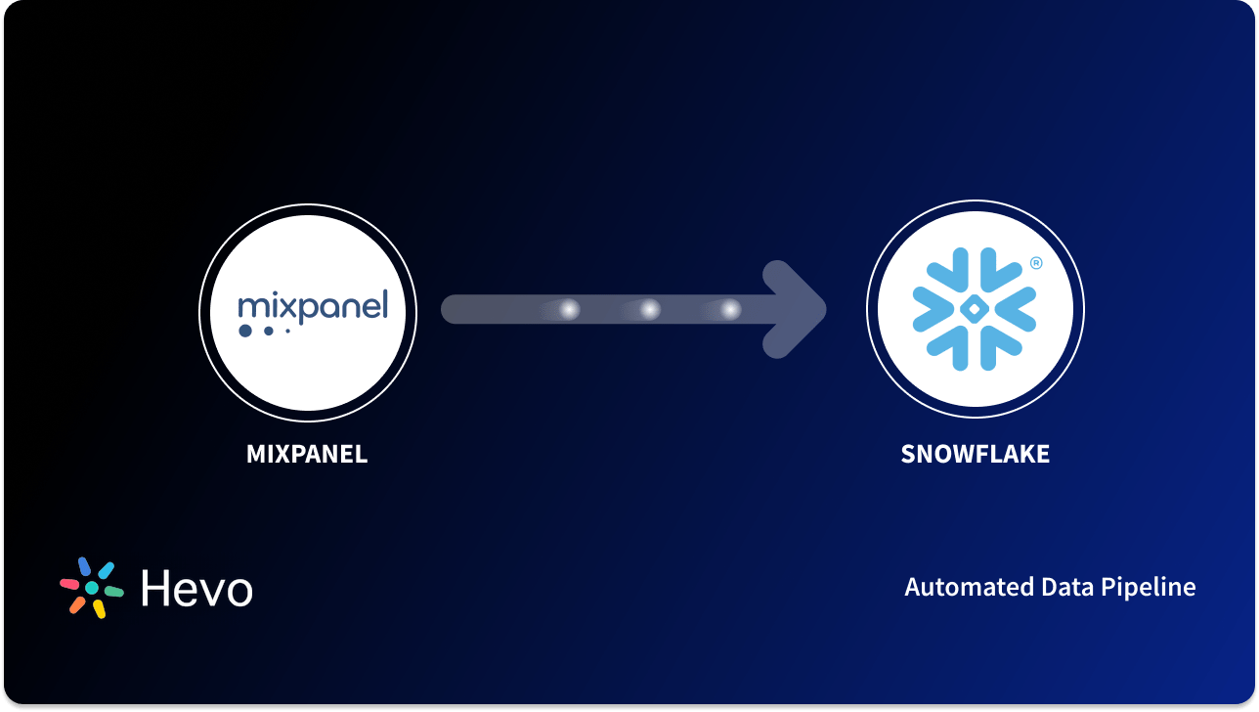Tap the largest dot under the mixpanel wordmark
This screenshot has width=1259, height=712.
[x=244, y=332]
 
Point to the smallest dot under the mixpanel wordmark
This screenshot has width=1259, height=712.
[x=287, y=332]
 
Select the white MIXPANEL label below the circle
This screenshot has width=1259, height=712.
[x=307, y=454]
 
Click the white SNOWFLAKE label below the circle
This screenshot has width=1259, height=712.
[x=975, y=454]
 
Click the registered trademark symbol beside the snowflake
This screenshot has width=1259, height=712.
[x=1036, y=263]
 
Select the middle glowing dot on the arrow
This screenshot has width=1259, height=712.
[x=650, y=310]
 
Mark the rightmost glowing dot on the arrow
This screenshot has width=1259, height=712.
[x=730, y=310]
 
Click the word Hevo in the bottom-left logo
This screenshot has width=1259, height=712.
[x=196, y=588]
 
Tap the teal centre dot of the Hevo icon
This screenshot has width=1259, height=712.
[x=92, y=588]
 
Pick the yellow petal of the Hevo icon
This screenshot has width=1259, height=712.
[x=99, y=609]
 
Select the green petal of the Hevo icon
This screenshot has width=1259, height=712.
[x=113, y=592]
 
